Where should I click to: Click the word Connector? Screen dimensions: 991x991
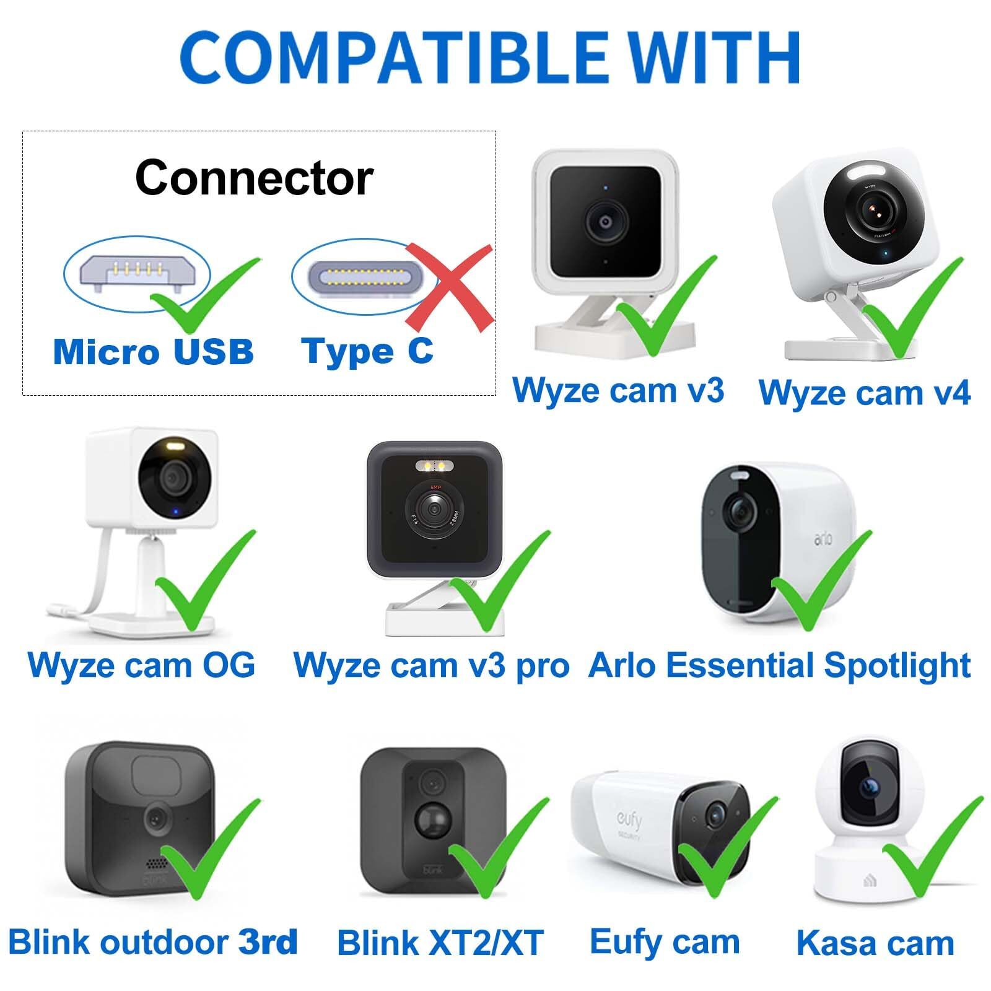tap(254, 178)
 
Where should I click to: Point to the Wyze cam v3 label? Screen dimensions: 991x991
tap(618, 390)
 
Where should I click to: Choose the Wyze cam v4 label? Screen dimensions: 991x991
tap(865, 393)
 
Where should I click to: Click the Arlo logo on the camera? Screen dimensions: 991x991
tap(824, 539)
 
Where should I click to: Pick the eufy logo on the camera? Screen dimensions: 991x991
tap(629, 823)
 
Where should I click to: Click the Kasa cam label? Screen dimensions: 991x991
tap(875, 943)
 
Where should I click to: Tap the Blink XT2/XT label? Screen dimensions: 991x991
tap(440, 943)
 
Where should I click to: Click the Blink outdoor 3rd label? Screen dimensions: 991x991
tap(153, 942)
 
